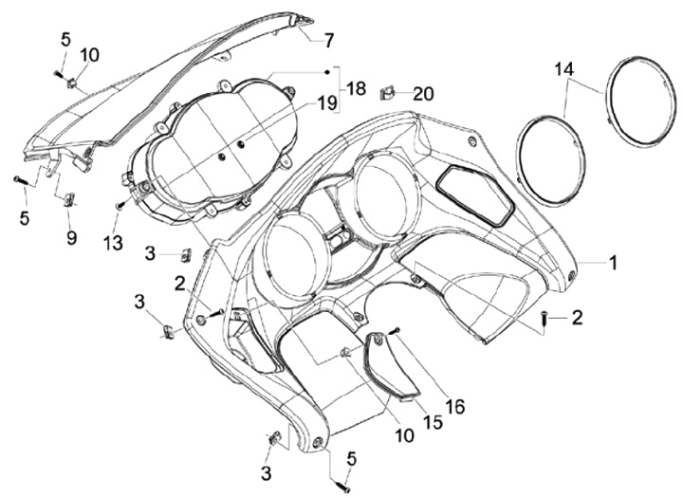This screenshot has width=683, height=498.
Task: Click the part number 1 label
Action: [x=613, y=262]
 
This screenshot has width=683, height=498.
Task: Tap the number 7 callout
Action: [x=329, y=40]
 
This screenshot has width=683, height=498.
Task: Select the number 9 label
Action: [x=71, y=237]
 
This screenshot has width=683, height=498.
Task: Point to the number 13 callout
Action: [x=113, y=244]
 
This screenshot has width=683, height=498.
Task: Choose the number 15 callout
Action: [x=433, y=423]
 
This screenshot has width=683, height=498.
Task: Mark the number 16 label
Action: [x=455, y=406]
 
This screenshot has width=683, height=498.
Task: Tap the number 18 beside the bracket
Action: [x=356, y=88]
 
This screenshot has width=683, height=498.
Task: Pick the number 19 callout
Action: [x=325, y=101]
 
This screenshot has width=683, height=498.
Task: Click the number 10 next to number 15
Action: [x=405, y=435]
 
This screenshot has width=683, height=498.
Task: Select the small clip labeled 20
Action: [x=386, y=92]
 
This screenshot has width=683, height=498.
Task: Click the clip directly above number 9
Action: [x=69, y=199]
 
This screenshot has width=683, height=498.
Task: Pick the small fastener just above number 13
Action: [x=120, y=205]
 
